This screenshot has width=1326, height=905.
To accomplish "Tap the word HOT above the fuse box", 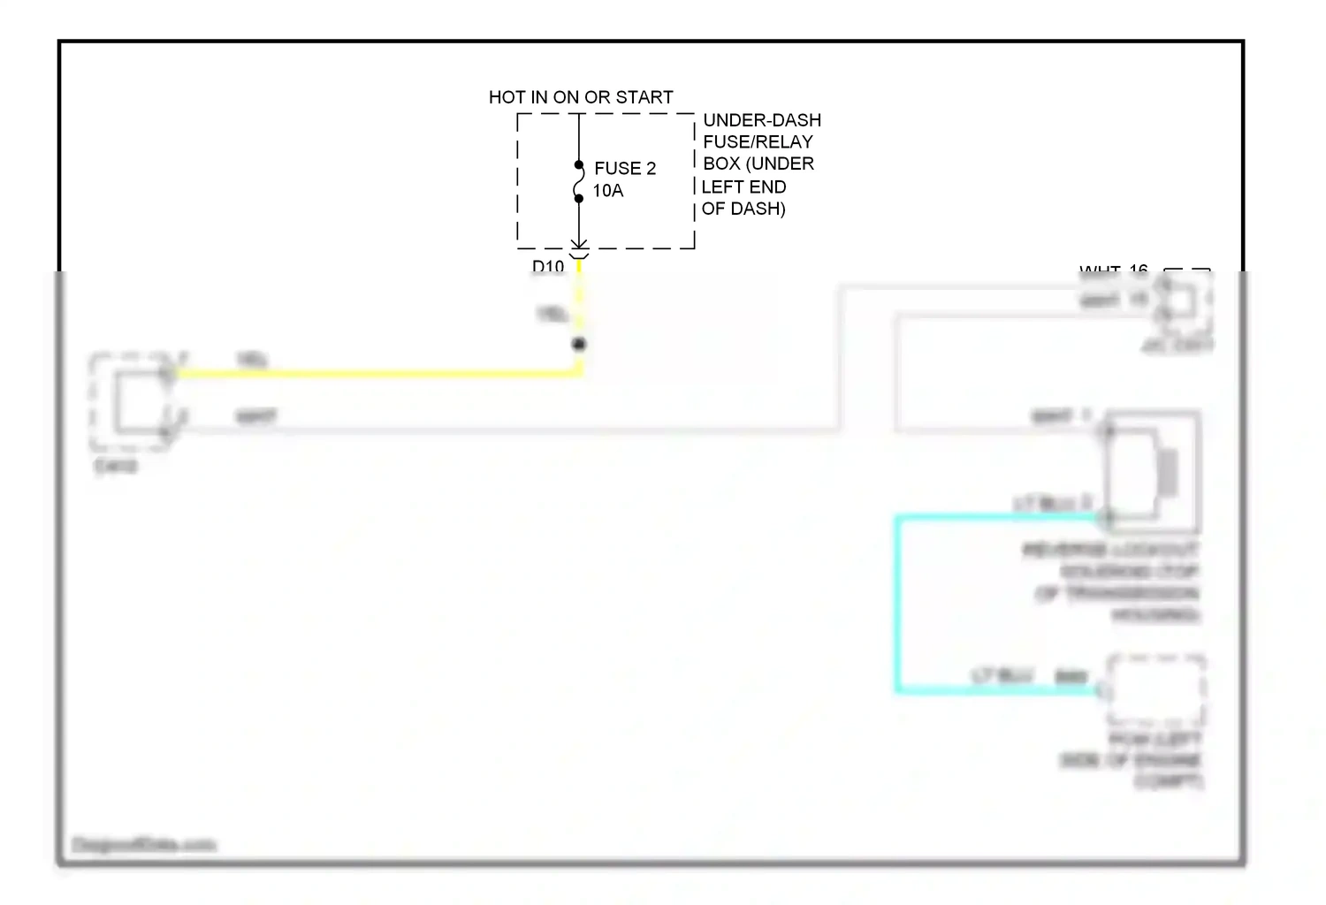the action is point(507,97).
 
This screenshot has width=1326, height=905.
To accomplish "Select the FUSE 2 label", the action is point(625,168).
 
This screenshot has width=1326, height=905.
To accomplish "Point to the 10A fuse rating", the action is point(608,191).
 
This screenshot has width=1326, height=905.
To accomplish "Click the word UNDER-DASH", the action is point(762,120).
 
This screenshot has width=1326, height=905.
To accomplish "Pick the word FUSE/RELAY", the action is point(758,141).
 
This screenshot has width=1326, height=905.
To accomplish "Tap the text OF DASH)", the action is point(743,209).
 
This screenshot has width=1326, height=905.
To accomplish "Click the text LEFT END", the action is point(743,186).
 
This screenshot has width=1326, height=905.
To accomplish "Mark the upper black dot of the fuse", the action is point(579,165).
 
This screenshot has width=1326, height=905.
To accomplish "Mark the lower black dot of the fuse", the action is point(579,198).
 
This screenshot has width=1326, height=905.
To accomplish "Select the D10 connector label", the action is point(548,266).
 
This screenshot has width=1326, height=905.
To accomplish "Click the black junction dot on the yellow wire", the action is point(579,344).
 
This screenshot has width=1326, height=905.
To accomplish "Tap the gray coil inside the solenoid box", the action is point(1168,472).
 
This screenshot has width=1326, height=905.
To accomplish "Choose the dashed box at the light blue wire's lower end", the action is point(1156,690).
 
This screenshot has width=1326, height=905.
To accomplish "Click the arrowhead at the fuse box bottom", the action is point(579,244).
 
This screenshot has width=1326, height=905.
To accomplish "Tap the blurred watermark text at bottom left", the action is point(143,845).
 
